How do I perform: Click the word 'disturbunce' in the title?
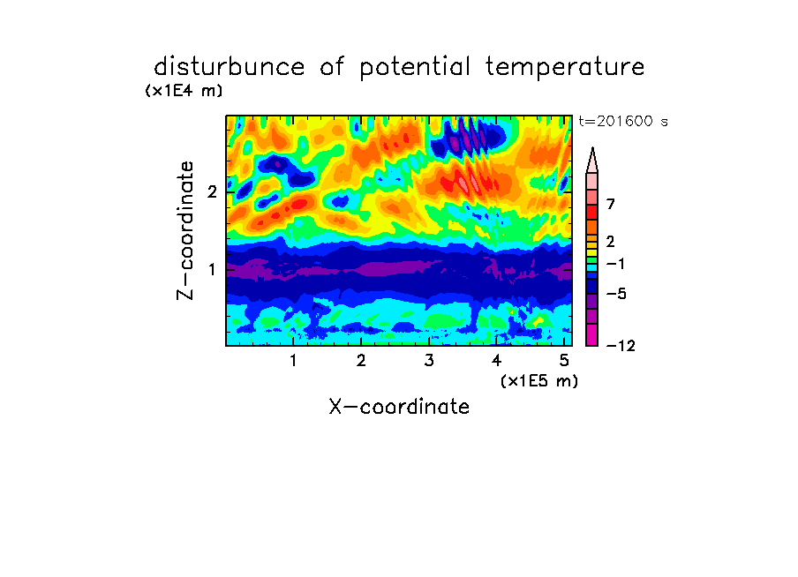point(229,66)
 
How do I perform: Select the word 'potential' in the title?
point(415,68)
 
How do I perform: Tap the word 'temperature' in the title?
point(565,68)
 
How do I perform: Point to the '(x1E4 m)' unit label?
point(184,91)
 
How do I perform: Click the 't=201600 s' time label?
point(623,121)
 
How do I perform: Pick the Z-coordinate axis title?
point(185,230)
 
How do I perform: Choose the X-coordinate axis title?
point(399,407)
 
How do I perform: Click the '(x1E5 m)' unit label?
point(539,380)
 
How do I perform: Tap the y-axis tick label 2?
point(212,191)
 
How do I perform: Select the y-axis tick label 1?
point(212,269)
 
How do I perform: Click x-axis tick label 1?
point(293,360)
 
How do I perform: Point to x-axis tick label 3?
point(429,360)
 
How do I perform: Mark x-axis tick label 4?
point(497,360)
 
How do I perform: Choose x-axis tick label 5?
point(564,360)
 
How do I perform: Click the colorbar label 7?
point(611,204)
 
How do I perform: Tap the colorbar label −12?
point(621,346)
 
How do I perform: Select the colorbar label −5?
point(616,294)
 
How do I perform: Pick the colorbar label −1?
point(616,264)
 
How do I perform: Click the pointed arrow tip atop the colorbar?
point(592,148)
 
